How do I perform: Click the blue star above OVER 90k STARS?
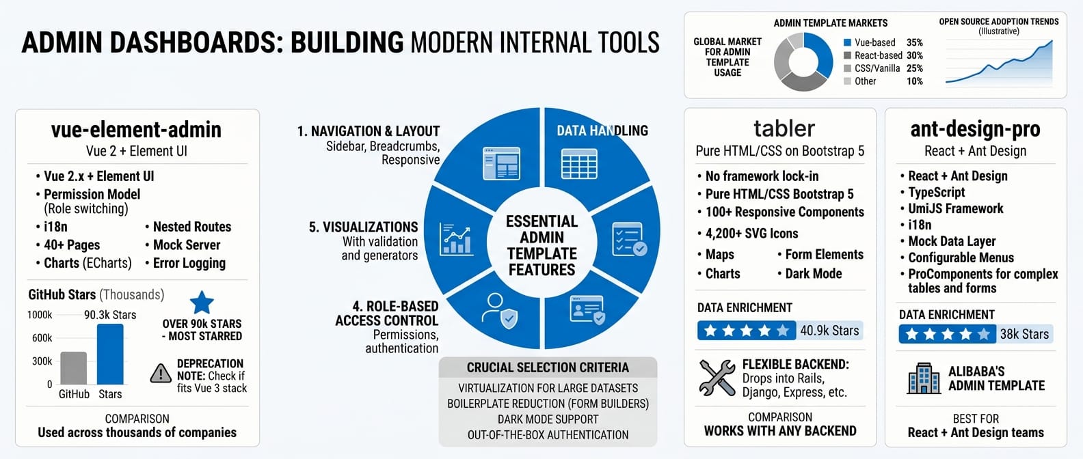click(202, 302)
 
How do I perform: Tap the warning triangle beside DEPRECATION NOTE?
click(161, 373)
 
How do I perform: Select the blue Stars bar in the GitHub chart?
click(110, 354)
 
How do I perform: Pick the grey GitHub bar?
click(74, 368)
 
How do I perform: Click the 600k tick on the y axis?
click(42, 338)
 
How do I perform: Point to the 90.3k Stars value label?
click(110, 315)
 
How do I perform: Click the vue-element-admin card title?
click(136, 129)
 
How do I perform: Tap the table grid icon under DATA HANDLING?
click(579, 164)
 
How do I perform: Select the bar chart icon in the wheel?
click(457, 240)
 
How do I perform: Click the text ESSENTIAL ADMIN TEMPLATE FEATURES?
click(541, 245)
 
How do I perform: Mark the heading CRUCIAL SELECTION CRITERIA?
click(548, 367)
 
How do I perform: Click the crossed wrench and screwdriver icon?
click(717, 377)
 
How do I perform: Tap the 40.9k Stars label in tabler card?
click(829, 331)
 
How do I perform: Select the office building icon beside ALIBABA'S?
click(924, 378)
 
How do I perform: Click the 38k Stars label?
click(1024, 334)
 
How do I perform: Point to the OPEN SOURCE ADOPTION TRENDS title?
click(998, 22)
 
